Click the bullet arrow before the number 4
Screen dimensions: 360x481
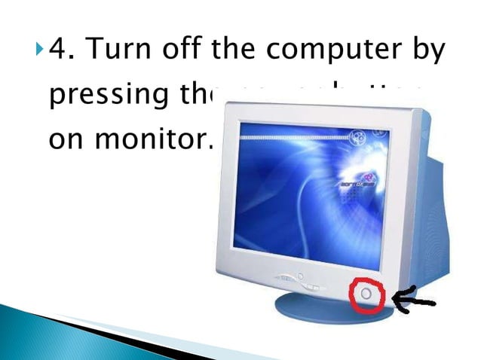[39, 52]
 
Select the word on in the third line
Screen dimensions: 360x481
[66, 141]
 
